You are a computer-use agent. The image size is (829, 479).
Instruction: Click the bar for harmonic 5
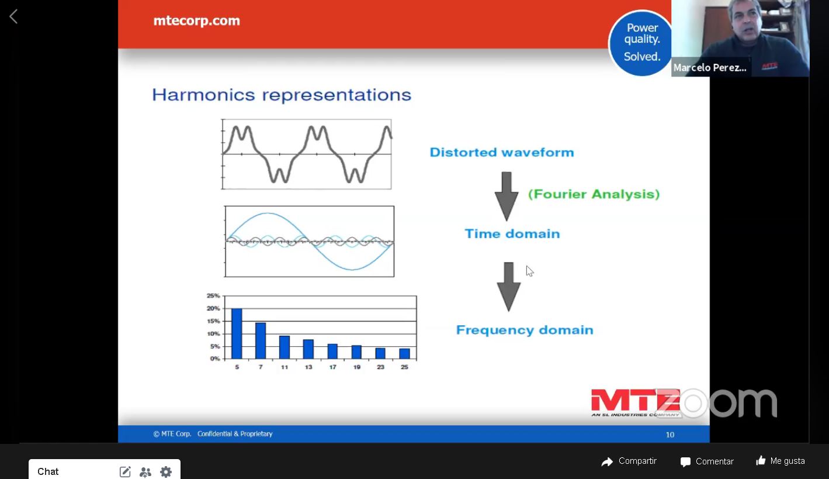click(x=237, y=334)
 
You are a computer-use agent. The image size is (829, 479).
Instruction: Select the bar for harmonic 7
click(x=261, y=341)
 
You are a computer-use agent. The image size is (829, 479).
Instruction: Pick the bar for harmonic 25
click(x=404, y=354)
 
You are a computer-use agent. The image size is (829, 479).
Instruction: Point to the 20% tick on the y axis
click(x=213, y=308)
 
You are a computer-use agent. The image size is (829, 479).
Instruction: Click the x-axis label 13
click(x=308, y=367)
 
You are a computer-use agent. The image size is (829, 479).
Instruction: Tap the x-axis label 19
click(x=357, y=367)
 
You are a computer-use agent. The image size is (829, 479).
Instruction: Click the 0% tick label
click(x=215, y=359)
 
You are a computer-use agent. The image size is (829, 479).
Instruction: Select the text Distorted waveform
click(x=502, y=152)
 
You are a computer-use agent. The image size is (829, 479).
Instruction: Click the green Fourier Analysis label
click(x=594, y=194)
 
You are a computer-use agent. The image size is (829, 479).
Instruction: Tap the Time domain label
click(x=512, y=234)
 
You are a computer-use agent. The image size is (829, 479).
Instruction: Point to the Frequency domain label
click(x=525, y=330)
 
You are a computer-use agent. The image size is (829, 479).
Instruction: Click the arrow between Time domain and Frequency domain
click(x=508, y=287)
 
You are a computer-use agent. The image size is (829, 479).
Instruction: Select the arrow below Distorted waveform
click(x=507, y=197)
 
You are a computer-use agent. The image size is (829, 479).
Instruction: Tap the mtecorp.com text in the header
click(x=196, y=20)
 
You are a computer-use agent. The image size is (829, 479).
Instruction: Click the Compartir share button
click(x=629, y=461)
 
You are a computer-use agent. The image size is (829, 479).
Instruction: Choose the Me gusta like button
click(x=780, y=461)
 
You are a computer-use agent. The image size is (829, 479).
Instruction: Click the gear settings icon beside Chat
click(x=166, y=471)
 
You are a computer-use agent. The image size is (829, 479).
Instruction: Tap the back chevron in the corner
click(x=13, y=17)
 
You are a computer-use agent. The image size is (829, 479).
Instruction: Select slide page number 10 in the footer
click(x=670, y=435)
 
